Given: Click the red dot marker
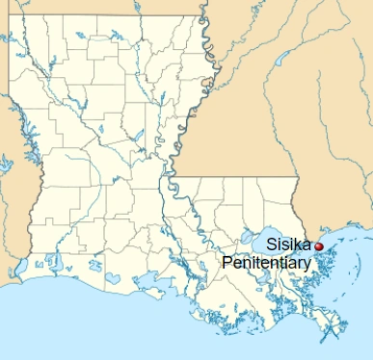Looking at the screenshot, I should click(319, 246).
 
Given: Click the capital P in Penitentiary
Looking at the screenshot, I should click(227, 262).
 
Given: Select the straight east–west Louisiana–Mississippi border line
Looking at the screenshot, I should click(231, 177).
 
